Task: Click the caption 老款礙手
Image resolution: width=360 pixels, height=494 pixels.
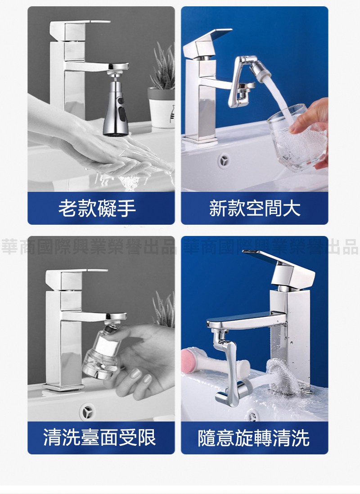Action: (97, 208)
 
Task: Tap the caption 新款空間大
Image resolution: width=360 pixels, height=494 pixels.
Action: (255, 208)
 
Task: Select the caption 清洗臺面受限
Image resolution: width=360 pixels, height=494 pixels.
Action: (99, 437)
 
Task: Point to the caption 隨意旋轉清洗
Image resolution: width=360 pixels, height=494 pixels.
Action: (254, 438)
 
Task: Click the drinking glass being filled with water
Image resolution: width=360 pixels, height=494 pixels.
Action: (296, 139)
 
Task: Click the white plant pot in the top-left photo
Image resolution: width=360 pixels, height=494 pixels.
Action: (161, 108)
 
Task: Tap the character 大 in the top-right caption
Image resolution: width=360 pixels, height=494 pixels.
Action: (292, 208)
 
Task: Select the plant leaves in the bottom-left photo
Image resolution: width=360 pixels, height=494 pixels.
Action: (164, 310)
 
